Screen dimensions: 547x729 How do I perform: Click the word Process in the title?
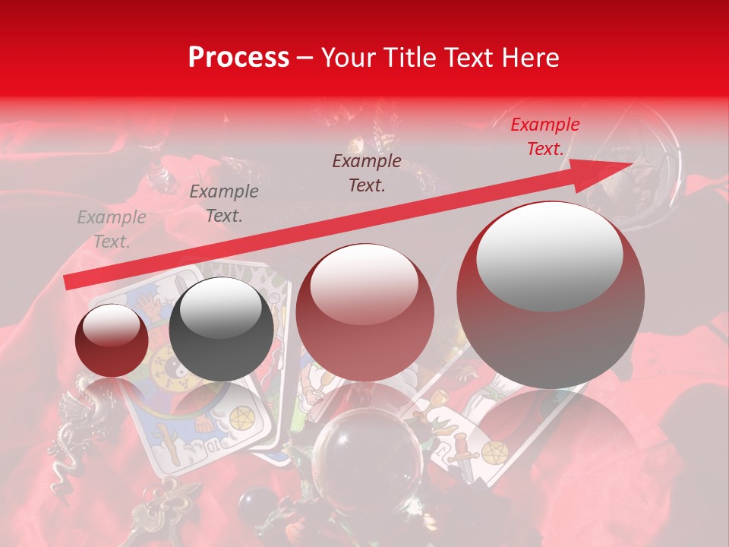238,58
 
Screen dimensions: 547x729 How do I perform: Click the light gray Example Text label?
112,229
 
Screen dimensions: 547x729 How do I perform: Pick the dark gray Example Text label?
223,204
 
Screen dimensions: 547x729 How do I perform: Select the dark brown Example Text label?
367,173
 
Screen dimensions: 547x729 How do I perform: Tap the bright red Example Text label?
544,137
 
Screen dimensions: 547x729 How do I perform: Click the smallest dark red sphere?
112,340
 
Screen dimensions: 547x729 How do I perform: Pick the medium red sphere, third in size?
364,312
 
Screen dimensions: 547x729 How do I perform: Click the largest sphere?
550,295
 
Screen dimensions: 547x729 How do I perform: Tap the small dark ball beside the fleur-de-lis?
250,504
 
